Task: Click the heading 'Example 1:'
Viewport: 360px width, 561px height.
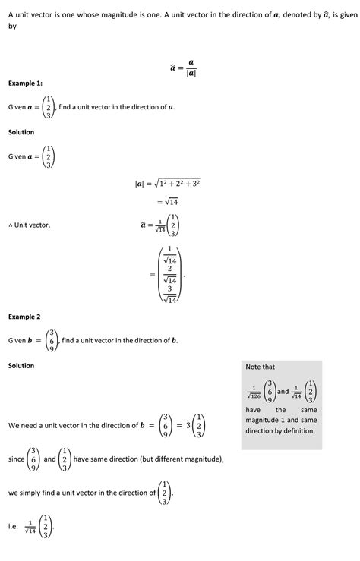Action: coord(25,83)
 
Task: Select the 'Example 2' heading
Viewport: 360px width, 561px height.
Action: coord(24,317)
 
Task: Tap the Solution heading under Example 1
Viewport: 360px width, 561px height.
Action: coord(21,132)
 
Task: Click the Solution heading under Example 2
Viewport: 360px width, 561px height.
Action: coord(21,366)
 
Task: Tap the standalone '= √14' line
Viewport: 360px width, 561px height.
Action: coord(167,202)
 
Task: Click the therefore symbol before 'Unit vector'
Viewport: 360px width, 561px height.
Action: coord(11,225)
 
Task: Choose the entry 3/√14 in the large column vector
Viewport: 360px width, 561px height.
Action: coord(171,294)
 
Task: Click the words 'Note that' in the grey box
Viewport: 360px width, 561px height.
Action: coord(261,367)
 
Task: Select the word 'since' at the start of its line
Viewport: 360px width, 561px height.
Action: coord(16,459)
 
